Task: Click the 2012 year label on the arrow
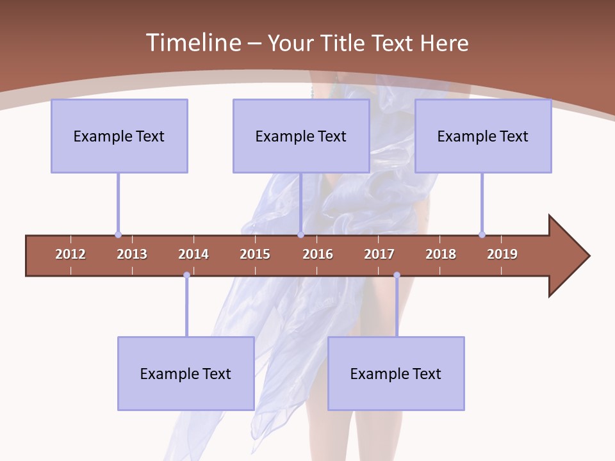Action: point(70,254)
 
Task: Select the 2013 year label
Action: point(132,254)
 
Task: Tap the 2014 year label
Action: point(193,254)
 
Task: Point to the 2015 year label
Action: point(255,254)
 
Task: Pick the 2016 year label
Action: point(318,254)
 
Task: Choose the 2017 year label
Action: point(379,254)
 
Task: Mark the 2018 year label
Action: point(441,254)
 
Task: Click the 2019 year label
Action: point(502,254)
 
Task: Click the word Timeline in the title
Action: point(193,43)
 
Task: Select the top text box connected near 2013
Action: point(119,136)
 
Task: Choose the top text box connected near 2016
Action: point(301,136)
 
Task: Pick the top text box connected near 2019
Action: point(483,136)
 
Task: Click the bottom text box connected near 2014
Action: point(186,373)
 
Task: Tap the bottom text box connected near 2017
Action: point(396,373)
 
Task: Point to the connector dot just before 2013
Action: point(118,234)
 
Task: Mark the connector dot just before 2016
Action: point(300,234)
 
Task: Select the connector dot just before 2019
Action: point(482,234)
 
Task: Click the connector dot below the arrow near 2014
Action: point(186,275)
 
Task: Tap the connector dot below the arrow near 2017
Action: point(397,275)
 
